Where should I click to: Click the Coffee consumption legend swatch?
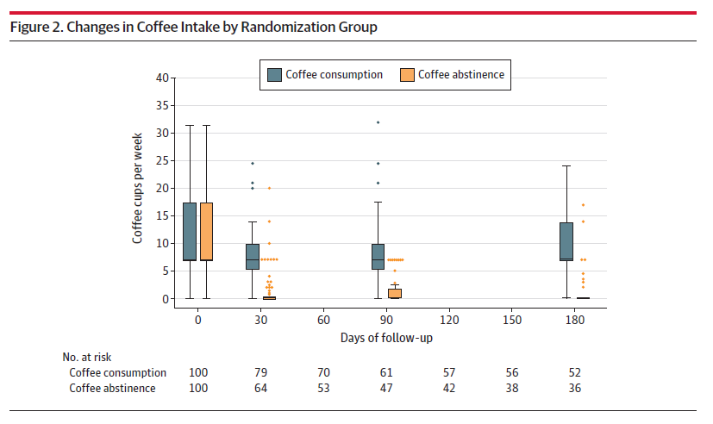point(274,75)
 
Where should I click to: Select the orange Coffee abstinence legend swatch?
point(407,75)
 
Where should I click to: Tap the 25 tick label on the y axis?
point(161,160)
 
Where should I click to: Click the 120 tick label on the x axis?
point(448,319)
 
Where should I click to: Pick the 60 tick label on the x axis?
point(323,319)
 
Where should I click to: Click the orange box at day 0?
point(207,231)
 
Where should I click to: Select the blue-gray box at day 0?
point(190,231)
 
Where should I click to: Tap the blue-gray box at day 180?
point(566,241)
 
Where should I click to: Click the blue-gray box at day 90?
point(378,256)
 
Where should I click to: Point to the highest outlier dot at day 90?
point(378,122)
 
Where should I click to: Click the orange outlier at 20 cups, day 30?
point(269,188)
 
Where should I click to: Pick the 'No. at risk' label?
point(87,356)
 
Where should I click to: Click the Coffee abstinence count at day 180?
point(574,388)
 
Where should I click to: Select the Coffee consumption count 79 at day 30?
point(260,372)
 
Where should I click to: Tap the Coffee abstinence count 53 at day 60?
point(323,388)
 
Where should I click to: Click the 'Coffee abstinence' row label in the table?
point(113,388)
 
